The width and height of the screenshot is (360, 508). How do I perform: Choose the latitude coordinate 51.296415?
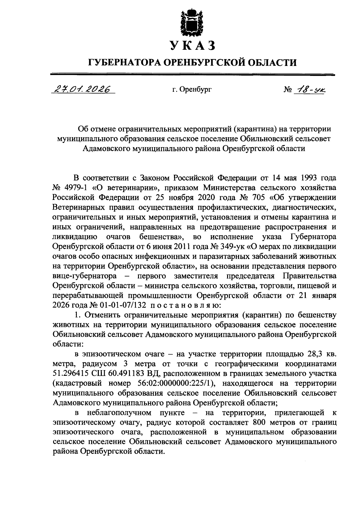pos(71,373)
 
